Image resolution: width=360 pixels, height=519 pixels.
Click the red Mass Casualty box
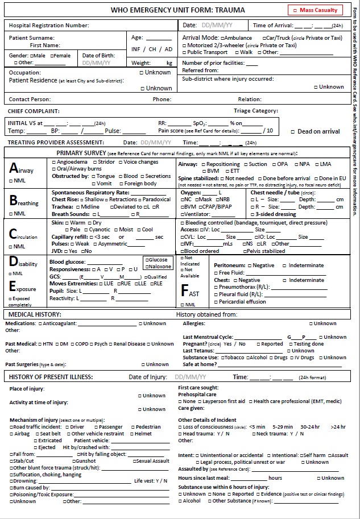[x=316, y=10]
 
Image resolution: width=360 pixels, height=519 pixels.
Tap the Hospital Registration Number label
[x=49, y=26]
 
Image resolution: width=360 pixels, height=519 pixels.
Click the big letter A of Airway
[x=14, y=168]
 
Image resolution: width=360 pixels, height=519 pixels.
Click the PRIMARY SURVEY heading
[x=81, y=153]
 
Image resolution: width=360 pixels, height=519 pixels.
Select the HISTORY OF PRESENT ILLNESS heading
[x=53, y=377]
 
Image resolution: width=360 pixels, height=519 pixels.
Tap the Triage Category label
[x=255, y=111]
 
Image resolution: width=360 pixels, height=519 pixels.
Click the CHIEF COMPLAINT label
[x=34, y=111]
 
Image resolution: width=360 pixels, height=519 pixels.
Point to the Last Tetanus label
[x=200, y=351]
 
